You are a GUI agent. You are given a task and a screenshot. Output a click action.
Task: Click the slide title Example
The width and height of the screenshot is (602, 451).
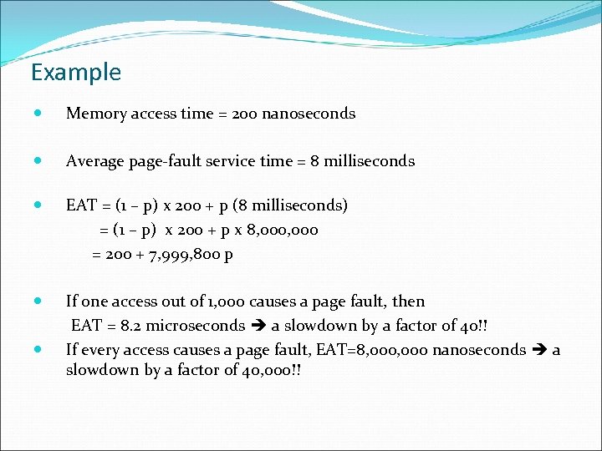tap(75, 73)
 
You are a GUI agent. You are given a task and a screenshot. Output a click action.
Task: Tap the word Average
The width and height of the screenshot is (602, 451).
tap(94, 161)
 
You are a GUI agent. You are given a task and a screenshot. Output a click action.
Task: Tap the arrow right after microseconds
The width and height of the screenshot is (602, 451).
tap(258, 326)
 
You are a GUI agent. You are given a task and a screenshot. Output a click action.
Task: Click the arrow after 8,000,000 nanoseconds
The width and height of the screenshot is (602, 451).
tap(539, 350)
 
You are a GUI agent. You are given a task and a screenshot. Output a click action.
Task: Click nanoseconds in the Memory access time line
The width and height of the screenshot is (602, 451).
tap(309, 114)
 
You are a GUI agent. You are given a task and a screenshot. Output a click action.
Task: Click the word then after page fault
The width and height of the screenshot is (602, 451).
tap(409, 302)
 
